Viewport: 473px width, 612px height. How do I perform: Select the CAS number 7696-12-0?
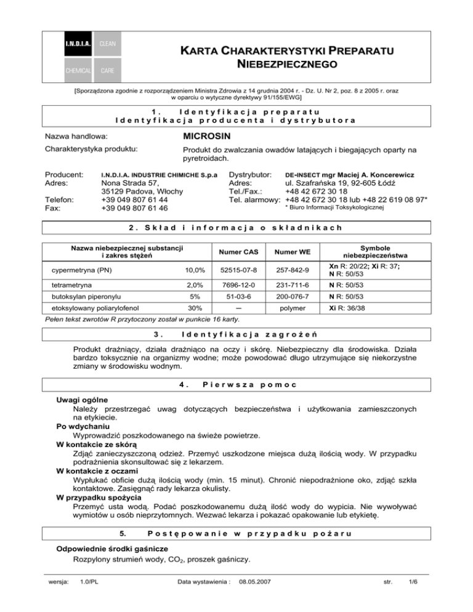[236, 286]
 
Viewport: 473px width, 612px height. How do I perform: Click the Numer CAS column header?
[236, 251]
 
